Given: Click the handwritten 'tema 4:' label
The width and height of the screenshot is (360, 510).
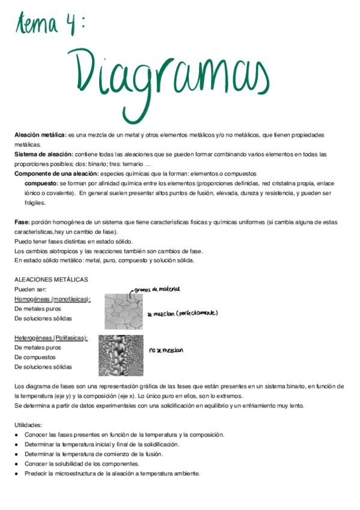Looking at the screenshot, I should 52,25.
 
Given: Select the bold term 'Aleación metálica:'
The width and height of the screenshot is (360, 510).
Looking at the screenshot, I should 40,135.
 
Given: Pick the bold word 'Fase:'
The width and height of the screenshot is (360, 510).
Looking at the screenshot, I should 22,222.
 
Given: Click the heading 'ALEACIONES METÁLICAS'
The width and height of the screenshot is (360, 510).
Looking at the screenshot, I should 51,280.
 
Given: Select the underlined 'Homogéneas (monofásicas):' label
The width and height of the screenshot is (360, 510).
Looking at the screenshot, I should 52,299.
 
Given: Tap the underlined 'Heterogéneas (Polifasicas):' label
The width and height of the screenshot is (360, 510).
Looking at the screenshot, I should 51,338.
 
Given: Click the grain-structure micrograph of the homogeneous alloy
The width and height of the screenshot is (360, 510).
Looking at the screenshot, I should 124,311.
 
